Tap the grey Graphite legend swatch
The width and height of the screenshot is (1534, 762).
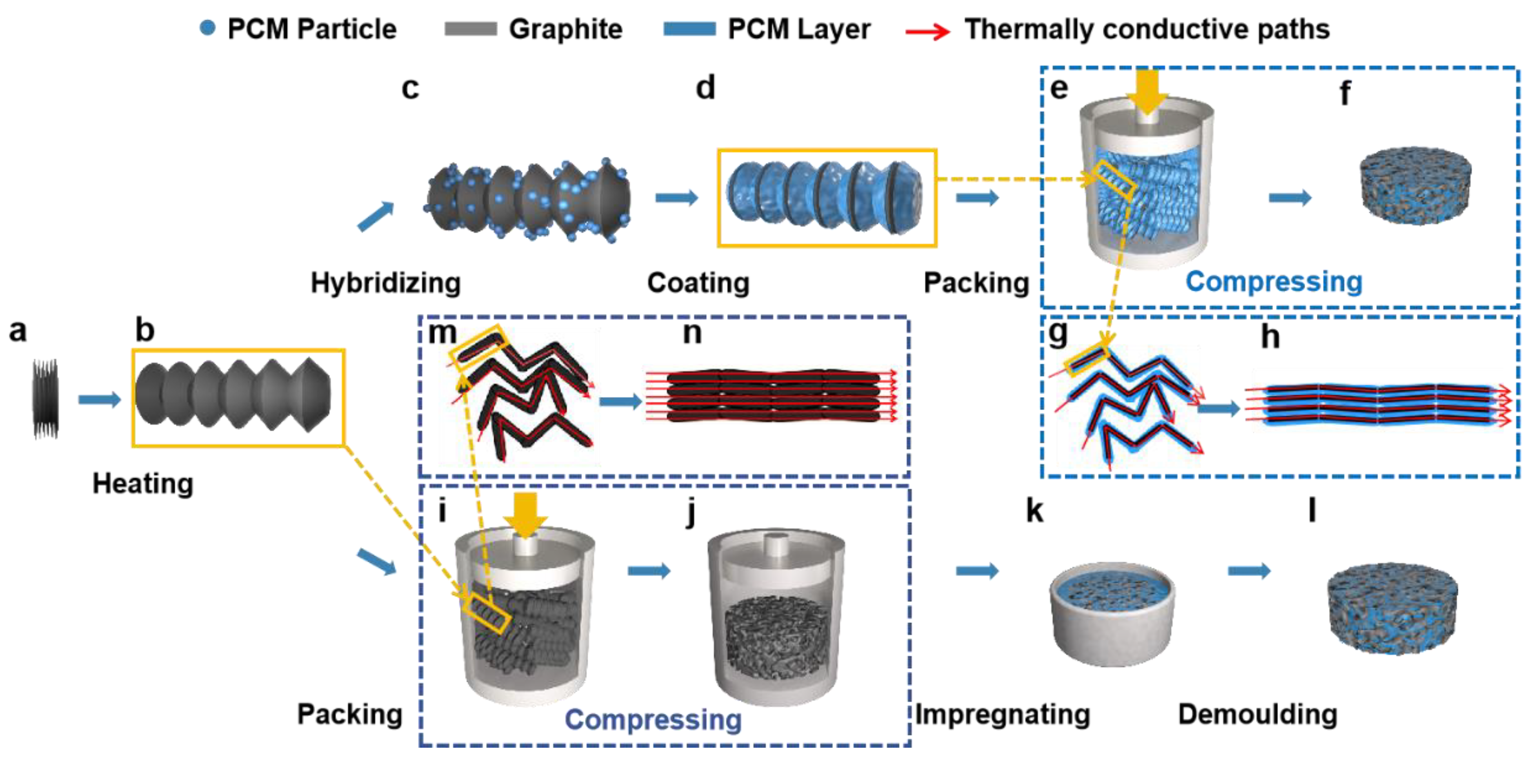[470, 29]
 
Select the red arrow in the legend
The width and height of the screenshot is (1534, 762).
[927, 31]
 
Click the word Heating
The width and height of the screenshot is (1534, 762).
[143, 483]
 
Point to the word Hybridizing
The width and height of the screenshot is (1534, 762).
[385, 283]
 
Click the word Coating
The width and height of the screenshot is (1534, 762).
[698, 283]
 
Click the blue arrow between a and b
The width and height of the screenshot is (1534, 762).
[99, 399]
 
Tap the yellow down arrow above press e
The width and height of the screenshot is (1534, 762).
[1147, 91]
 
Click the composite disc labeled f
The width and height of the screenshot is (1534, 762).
[1415, 186]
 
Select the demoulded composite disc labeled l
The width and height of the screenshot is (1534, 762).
[1392, 608]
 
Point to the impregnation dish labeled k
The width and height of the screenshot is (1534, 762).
[1111, 614]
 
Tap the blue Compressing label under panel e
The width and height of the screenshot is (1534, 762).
[1273, 281]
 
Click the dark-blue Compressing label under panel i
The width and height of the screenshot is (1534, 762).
[653, 719]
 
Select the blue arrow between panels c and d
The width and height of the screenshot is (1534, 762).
[676, 197]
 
